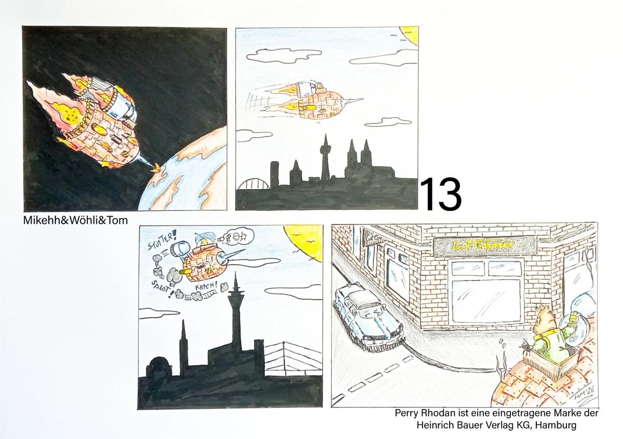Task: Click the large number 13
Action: tap(440, 194)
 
